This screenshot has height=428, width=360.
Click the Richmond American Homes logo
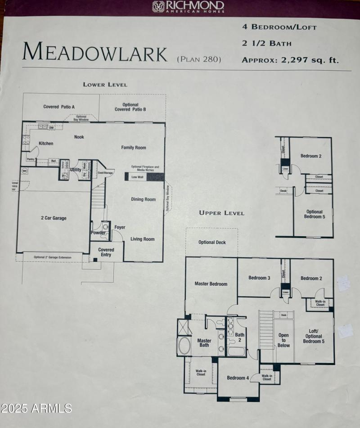[x=188, y=6]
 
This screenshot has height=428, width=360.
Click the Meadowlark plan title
[x=94, y=52]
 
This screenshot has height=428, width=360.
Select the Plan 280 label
[x=199, y=59]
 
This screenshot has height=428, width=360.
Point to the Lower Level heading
[x=105, y=84]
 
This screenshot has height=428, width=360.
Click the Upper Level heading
[x=222, y=213]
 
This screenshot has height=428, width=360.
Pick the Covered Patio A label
[x=59, y=107]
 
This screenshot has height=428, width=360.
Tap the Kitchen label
[x=46, y=144]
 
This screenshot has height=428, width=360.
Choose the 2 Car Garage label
[x=53, y=218]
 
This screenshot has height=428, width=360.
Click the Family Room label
[x=134, y=148]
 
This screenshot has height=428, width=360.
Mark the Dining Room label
[x=143, y=199]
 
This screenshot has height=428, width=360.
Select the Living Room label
[x=143, y=239]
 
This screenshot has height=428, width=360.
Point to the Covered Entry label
[x=106, y=252]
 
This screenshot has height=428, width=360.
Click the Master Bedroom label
[x=211, y=284]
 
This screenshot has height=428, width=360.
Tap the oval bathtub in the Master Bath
[x=184, y=346]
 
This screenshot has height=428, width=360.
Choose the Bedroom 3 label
[x=259, y=278]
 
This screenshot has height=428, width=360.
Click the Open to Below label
[x=283, y=340]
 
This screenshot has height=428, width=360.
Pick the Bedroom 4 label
[x=238, y=378]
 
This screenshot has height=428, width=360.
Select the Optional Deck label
[x=212, y=243]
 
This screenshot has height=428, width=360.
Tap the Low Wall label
[x=137, y=177]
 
